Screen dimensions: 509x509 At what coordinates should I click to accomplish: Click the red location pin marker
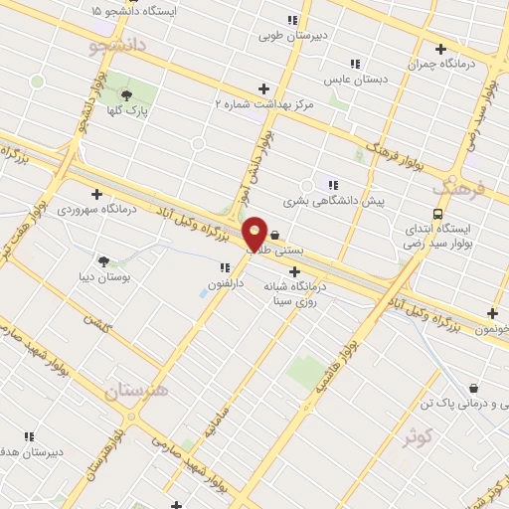pos(254,234)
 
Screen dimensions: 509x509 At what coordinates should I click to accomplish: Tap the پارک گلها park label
pos(129,111)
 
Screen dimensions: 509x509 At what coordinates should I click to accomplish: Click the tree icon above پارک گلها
pos(126,95)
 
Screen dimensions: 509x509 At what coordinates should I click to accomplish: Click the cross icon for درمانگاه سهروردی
pos(96,194)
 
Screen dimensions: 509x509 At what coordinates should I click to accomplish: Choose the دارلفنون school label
pos(224,283)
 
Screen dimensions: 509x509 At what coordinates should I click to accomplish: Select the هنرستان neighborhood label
pos(137,390)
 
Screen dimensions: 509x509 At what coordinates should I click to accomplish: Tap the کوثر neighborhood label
pos(418,435)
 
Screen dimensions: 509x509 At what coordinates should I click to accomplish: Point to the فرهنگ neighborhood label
pos(457,185)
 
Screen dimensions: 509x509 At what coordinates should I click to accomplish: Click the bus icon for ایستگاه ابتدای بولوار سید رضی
pos(437,214)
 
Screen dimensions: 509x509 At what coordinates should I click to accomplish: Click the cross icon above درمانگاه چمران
pos(439,48)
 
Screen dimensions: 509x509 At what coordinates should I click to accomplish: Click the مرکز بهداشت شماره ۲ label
pos(264,103)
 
